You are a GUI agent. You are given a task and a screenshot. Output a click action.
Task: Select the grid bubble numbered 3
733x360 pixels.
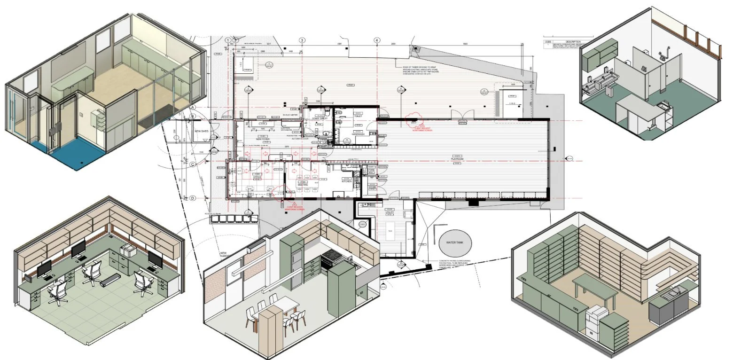302,40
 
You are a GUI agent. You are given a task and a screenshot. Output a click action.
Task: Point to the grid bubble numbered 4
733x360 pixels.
377,40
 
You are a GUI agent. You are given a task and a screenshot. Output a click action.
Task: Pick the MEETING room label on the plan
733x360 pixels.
303,185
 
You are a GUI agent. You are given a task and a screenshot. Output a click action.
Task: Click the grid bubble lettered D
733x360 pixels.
193,198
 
